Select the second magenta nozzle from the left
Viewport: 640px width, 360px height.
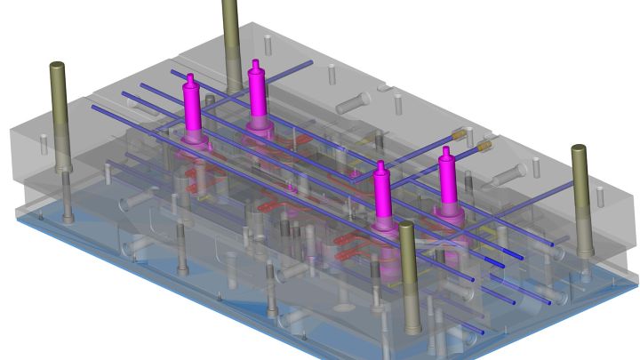[258, 93]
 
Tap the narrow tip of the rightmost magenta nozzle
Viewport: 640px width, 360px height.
[445, 151]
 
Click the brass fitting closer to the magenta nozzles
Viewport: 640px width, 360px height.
[460, 134]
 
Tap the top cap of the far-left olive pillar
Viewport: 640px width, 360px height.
[58, 66]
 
